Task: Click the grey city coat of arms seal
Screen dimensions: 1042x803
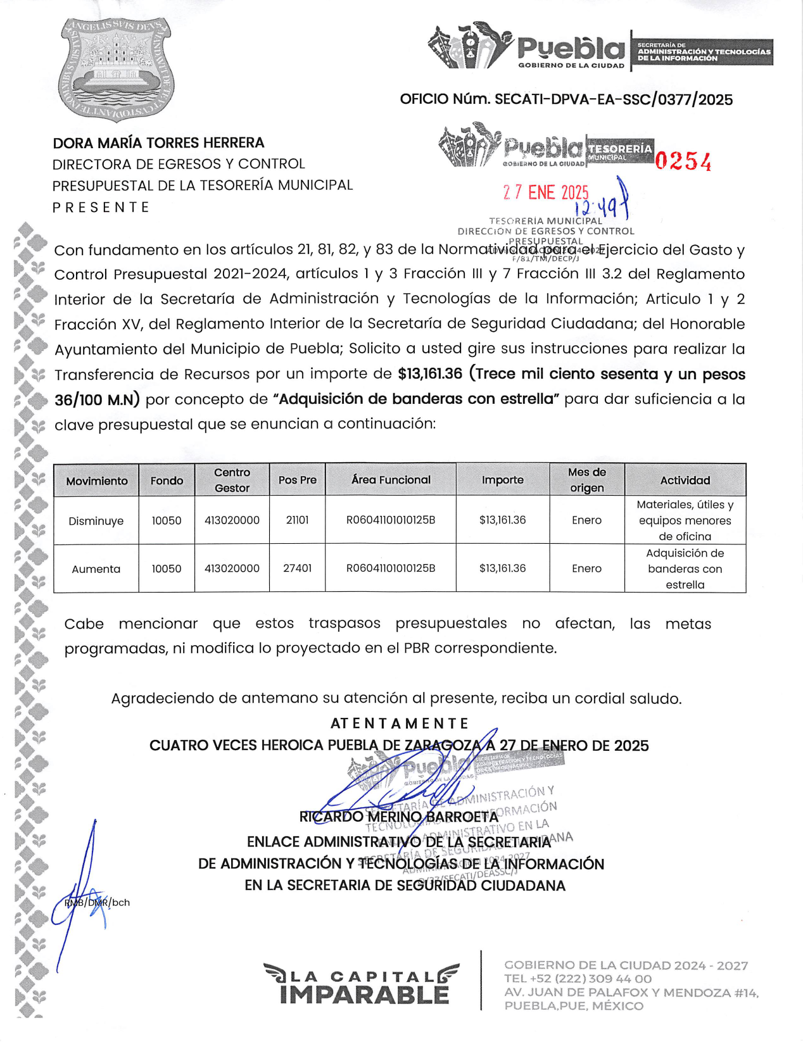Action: click(x=116, y=68)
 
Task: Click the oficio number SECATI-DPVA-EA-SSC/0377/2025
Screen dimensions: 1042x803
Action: click(x=566, y=99)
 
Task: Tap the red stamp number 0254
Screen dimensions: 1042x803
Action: click(x=683, y=161)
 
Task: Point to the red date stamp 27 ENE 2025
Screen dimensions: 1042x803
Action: click(x=545, y=192)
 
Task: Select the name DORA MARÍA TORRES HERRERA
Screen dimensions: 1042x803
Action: click(x=158, y=143)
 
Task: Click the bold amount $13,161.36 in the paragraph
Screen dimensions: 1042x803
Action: click(x=430, y=374)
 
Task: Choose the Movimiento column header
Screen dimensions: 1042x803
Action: click(x=97, y=481)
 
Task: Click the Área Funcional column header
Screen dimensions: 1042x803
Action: click(x=391, y=480)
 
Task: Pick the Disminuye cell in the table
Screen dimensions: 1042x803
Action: click(x=96, y=521)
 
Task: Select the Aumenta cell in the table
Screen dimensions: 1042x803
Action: click(x=96, y=569)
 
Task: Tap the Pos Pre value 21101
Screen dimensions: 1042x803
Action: click(x=297, y=520)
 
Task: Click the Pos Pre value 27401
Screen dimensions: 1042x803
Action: click(x=297, y=568)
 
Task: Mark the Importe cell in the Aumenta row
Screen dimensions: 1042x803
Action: click(x=502, y=568)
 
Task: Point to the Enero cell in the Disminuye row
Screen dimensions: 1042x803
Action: click(x=586, y=520)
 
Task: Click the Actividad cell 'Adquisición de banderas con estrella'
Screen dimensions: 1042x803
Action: click(x=685, y=569)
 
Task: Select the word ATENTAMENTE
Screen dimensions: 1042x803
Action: click(x=400, y=724)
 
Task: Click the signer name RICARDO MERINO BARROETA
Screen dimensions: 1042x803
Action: click(x=399, y=817)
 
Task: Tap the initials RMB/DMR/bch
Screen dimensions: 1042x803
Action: click(x=97, y=903)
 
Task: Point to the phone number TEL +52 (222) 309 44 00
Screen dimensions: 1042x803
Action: click(x=578, y=979)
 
